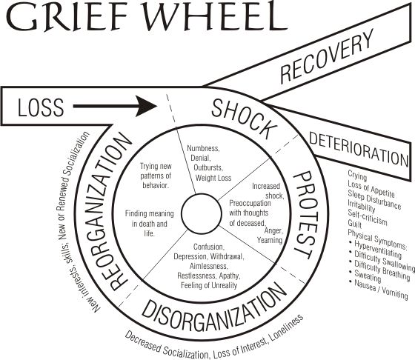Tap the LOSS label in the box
(x=41, y=107)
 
